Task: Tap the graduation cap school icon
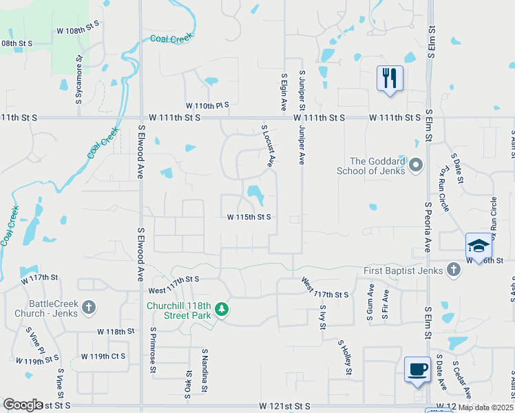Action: click(x=479, y=245)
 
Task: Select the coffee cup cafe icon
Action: click(x=417, y=369)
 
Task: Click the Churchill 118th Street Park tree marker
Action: click(x=222, y=310)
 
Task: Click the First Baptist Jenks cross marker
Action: click(x=453, y=269)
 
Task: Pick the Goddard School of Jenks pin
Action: click(x=415, y=165)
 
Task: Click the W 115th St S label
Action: click(x=249, y=217)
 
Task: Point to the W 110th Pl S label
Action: click(x=207, y=105)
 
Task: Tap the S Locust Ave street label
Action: click(x=269, y=145)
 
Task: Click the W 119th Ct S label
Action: click(x=103, y=357)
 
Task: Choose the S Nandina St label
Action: click(x=204, y=370)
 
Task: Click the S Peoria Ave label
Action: click(x=428, y=227)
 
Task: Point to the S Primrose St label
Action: click(x=153, y=350)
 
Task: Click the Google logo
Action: click(x=23, y=405)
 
